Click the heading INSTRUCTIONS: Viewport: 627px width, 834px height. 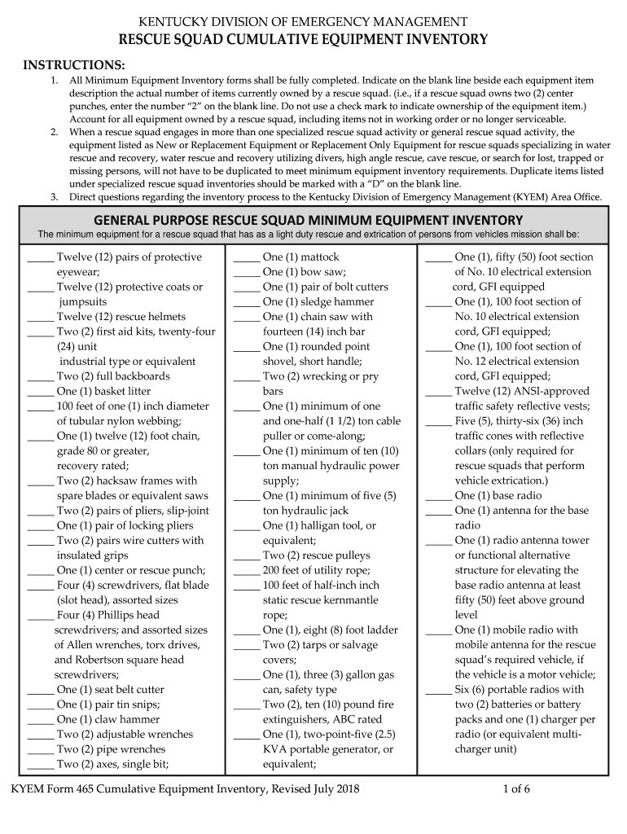[x=73, y=64]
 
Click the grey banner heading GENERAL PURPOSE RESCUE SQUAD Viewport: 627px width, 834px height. [x=308, y=220]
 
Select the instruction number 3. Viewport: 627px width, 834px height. [x=54, y=196]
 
